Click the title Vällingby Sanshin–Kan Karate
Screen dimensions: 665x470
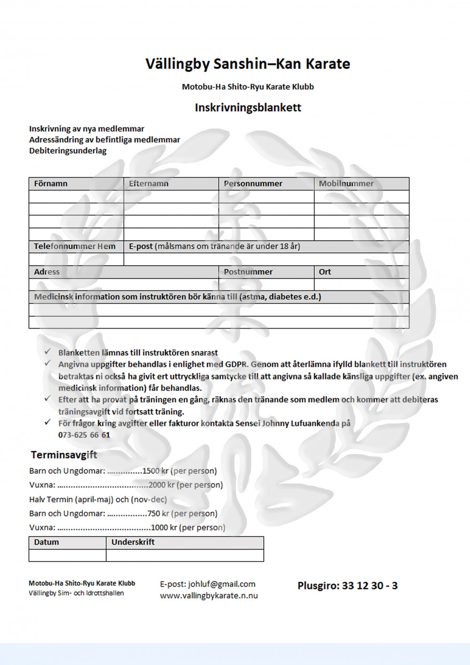[x=248, y=64]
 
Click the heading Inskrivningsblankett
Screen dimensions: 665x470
[x=248, y=108]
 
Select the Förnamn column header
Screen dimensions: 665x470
[x=51, y=184]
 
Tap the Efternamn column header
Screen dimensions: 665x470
[x=149, y=184]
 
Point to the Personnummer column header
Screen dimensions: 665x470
[x=253, y=184]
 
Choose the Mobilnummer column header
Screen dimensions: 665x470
[x=346, y=184]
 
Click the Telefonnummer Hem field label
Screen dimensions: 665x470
[x=74, y=246]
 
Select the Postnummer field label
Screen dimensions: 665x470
[x=248, y=272]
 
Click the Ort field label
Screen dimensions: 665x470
[x=325, y=272]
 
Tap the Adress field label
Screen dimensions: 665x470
[x=47, y=272]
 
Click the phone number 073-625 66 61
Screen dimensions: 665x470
[x=84, y=435]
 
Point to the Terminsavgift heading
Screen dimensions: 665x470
[x=64, y=455]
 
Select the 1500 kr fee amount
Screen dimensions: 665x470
[x=156, y=471]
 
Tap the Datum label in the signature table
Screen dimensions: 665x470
[x=47, y=542]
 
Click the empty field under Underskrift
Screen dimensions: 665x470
[x=185, y=555]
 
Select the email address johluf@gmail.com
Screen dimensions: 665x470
[x=221, y=584]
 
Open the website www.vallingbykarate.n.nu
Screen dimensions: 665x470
[x=209, y=596]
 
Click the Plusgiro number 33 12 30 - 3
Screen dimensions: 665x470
[x=369, y=586]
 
